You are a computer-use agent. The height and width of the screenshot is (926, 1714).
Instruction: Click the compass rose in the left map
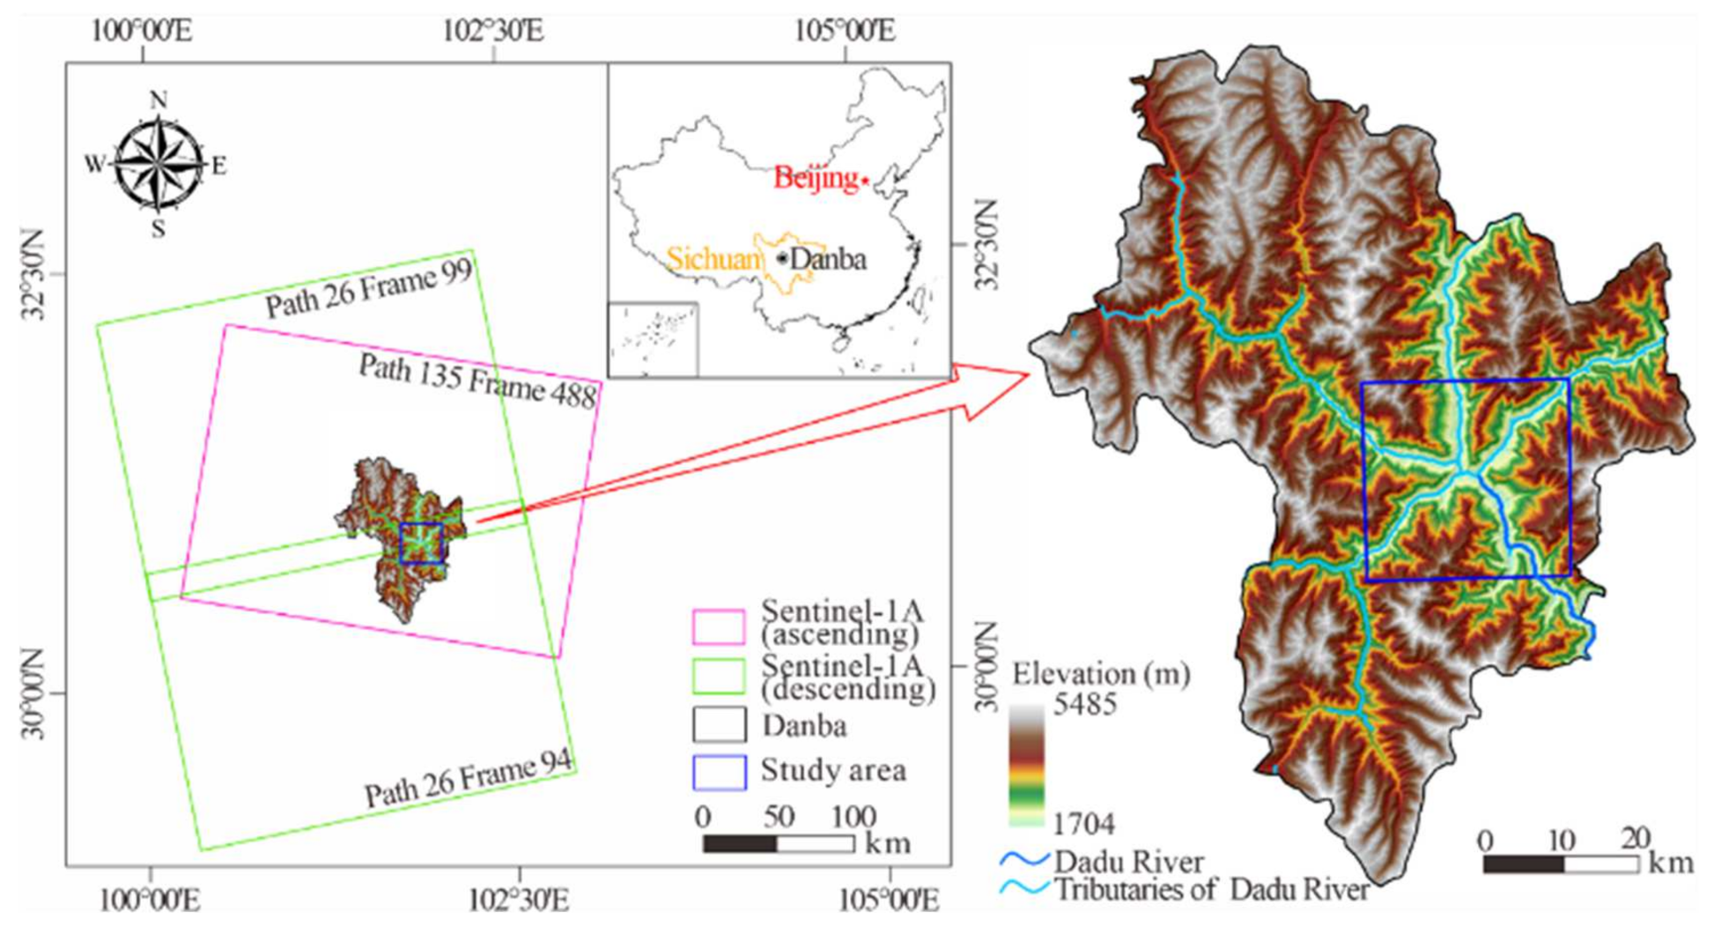click(159, 165)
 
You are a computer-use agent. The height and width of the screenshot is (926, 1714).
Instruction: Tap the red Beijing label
click(815, 179)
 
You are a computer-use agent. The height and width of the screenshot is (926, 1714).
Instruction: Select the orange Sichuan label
click(713, 259)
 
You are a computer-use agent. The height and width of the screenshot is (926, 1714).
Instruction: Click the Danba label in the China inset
click(828, 259)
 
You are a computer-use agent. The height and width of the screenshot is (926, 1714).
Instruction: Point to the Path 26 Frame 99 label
click(369, 290)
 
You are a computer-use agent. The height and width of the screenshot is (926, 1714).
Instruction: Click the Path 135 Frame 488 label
click(477, 381)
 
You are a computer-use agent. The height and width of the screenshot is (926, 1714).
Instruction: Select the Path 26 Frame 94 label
click(468, 780)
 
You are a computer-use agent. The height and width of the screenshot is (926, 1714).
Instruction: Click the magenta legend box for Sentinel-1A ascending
click(719, 626)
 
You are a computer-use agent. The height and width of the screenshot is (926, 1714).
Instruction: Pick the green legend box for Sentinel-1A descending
click(719, 677)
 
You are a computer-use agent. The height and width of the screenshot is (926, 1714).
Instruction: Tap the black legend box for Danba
click(719, 725)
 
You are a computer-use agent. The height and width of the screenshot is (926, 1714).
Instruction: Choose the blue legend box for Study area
click(719, 772)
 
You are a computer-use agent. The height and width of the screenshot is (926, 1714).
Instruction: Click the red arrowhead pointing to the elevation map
click(995, 388)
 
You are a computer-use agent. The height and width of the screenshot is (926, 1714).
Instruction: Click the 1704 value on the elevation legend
click(1084, 824)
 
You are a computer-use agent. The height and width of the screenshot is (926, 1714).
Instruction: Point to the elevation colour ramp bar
click(1027, 765)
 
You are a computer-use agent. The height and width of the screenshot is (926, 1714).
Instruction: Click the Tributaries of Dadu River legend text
click(1211, 889)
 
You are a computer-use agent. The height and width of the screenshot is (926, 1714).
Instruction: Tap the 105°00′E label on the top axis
click(845, 31)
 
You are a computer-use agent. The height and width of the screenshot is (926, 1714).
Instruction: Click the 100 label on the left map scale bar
click(853, 817)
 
